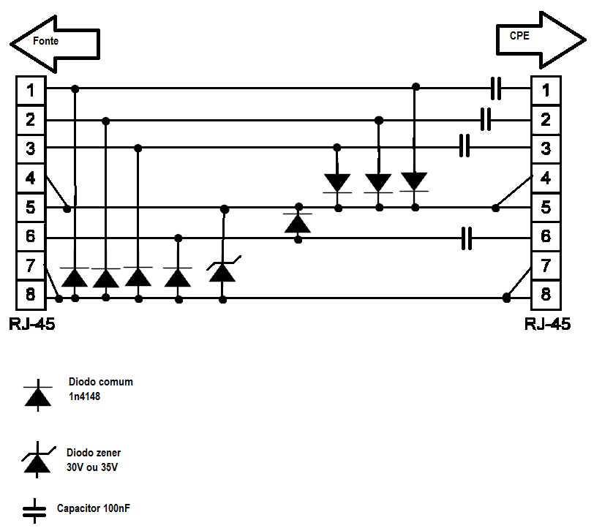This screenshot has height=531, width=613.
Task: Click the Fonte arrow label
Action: [46, 42]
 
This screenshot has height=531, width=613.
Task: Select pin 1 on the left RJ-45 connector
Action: [31, 90]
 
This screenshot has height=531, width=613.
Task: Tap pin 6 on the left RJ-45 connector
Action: [31, 238]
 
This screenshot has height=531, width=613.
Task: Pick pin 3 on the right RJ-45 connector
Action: [546, 149]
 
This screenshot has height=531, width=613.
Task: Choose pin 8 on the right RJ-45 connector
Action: [546, 295]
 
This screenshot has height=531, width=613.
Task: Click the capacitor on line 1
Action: [497, 89]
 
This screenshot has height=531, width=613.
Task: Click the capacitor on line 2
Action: [486, 118]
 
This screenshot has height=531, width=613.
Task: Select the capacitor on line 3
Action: [464, 146]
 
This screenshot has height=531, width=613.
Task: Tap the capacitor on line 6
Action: [467, 238]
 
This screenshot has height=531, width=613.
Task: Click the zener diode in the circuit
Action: [222, 271]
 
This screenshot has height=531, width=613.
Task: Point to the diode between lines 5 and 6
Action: [298, 222]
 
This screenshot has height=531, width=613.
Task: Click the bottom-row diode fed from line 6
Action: [177, 277]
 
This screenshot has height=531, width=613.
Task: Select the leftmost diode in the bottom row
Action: [75, 277]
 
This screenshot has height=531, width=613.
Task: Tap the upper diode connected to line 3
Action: [337, 182]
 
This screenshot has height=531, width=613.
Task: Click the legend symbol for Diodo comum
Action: [38, 395]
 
